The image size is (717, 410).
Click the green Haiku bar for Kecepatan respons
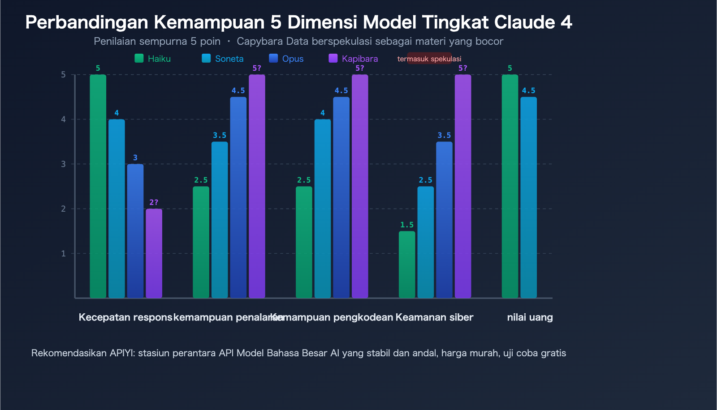[98, 186]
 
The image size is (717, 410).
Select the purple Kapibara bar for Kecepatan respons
[154, 253]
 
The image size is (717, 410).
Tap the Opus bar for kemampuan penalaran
[238, 197]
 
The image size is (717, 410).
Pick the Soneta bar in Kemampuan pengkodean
[323, 209]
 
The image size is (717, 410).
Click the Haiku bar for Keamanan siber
[407, 265]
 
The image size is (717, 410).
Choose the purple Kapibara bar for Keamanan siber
[463, 186]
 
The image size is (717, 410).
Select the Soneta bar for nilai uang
[528, 197]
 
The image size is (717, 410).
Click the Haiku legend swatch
[139, 58]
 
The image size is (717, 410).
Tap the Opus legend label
[293, 59]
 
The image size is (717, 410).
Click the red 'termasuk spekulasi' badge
[429, 59]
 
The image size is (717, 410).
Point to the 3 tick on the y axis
[64, 164]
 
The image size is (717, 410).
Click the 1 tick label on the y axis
[64, 254]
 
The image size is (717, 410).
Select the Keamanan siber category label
[434, 317]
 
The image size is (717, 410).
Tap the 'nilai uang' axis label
[530, 317]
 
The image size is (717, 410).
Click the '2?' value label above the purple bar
[154, 203]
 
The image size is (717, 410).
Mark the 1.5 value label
[407, 225]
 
